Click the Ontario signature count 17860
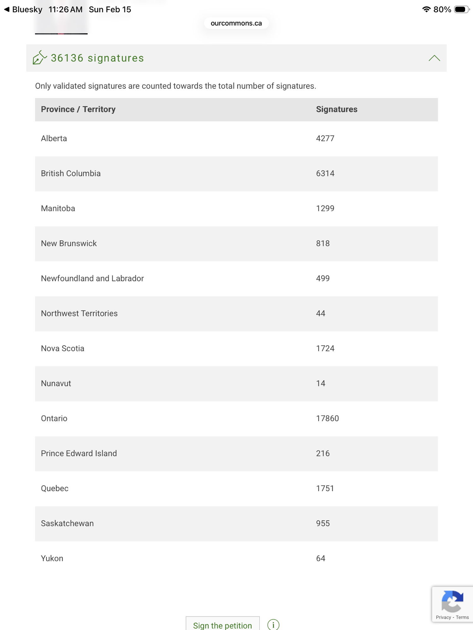click(327, 418)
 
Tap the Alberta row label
click(54, 139)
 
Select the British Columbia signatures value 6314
click(325, 174)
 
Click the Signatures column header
click(336, 109)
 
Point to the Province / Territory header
click(78, 109)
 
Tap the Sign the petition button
click(222, 625)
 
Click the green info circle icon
click(273, 625)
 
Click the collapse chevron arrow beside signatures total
click(434, 58)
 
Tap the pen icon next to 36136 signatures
click(40, 58)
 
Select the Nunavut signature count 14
click(320, 383)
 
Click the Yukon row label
click(52, 558)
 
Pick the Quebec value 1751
click(325, 488)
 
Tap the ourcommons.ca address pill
click(236, 23)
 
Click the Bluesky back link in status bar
click(23, 9)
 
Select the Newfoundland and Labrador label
click(92, 278)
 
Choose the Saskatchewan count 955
click(323, 523)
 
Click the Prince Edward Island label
click(79, 453)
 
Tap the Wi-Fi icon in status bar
click(426, 9)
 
